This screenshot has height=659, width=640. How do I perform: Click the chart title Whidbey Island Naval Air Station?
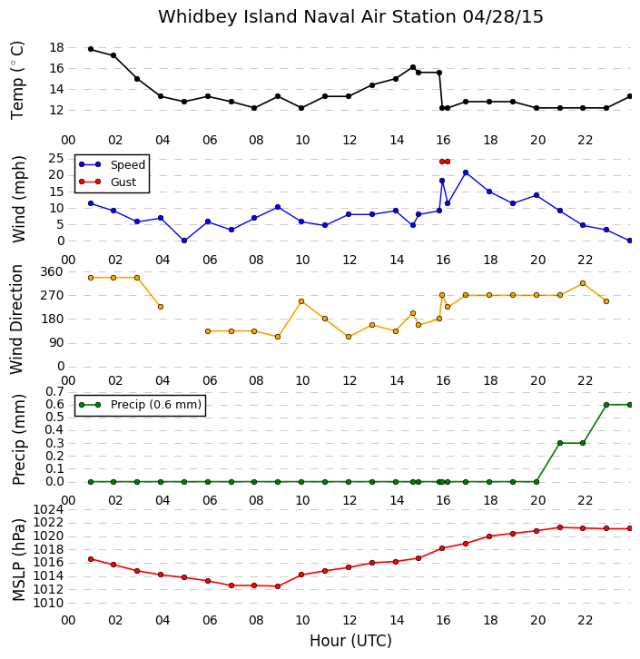coord(307,17)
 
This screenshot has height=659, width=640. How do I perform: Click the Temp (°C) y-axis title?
coord(17,80)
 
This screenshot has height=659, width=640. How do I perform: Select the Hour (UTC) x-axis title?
coord(350,641)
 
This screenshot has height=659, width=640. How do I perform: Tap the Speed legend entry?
coord(113,165)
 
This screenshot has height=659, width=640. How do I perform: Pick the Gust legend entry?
coord(108,182)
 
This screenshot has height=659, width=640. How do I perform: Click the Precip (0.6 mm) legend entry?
coord(141,405)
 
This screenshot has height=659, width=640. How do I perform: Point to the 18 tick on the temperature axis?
coord(56,47)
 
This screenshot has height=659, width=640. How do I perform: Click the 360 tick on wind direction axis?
coord(51,271)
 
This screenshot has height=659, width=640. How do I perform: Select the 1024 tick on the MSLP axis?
coord(48,510)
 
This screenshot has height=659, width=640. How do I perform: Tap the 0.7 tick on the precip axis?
coord(54,392)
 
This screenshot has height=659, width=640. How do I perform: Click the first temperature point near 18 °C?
coord(91,49)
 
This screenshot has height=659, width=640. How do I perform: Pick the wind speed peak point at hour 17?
coord(466,172)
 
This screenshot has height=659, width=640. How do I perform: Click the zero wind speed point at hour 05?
coord(184,241)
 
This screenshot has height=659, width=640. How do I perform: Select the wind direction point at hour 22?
coord(583,283)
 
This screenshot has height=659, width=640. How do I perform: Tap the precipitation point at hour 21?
coord(560,443)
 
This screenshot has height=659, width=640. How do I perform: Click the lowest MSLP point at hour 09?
coord(278,586)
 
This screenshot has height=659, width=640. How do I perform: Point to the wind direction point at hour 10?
coord(301,301)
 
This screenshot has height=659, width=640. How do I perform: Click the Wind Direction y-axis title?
coord(17,320)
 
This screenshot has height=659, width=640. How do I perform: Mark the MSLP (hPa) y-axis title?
coord(18,560)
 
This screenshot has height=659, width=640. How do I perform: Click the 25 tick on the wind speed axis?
coord(56,159)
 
